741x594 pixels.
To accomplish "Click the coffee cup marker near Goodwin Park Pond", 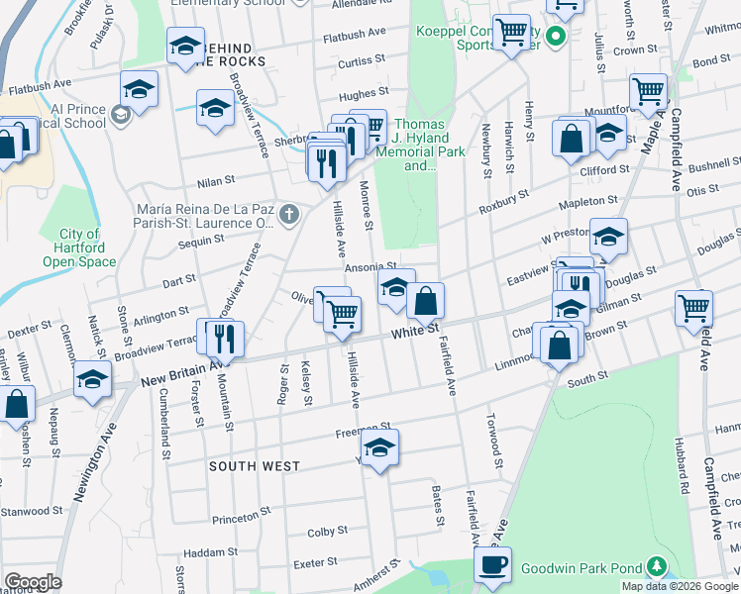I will (x=492, y=564).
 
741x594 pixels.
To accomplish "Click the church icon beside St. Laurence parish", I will (x=288, y=213).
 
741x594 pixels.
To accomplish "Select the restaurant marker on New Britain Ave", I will (x=221, y=339).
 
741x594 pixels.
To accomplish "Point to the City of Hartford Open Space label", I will (x=79, y=247).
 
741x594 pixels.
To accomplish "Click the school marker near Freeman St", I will (x=379, y=447).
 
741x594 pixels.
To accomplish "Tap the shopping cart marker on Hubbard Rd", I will (x=693, y=307).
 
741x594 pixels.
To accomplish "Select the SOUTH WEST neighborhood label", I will (x=247, y=464).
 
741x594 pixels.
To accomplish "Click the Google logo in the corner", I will (x=33, y=582).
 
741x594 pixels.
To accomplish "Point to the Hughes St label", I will (x=363, y=94).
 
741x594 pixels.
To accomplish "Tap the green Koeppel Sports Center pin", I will (x=556, y=38).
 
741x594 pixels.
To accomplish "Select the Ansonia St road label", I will (x=370, y=267).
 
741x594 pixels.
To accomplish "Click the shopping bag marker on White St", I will (x=425, y=300).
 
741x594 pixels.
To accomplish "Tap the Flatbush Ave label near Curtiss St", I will (x=354, y=33).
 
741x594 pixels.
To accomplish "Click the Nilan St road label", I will (x=215, y=181).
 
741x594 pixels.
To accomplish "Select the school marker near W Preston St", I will (x=608, y=237).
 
